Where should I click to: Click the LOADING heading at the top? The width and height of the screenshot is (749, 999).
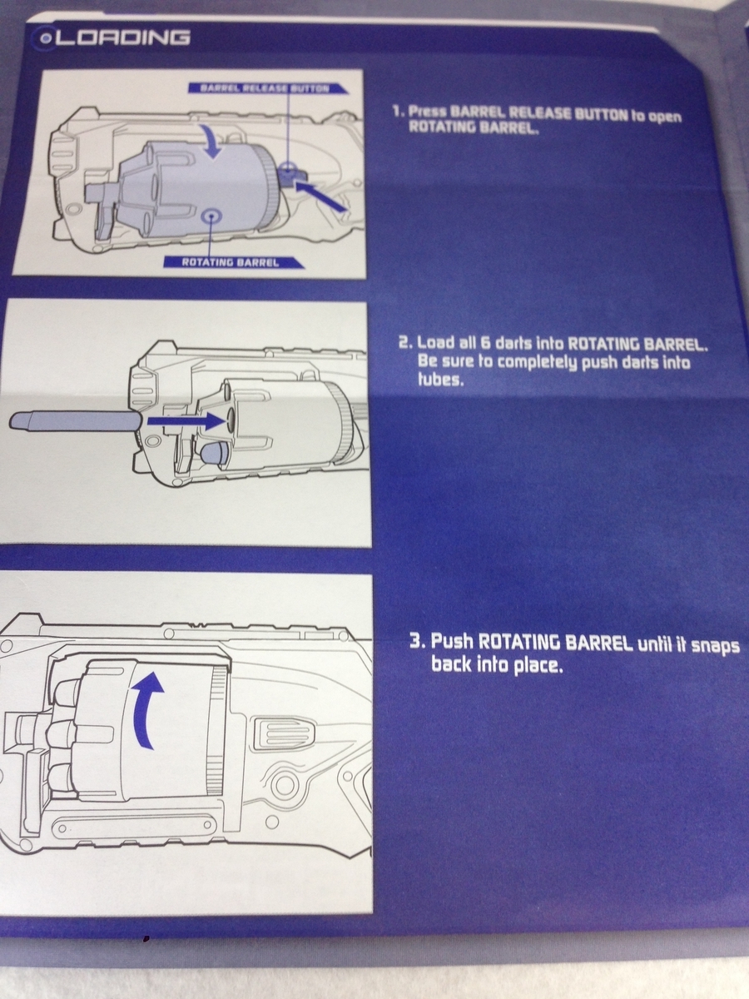[123, 37]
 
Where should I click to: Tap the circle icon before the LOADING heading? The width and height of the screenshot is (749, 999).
[45, 38]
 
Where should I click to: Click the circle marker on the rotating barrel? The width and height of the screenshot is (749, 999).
[211, 217]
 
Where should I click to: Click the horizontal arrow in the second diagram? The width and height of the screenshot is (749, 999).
[186, 422]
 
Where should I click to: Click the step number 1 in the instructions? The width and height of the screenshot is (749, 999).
[398, 111]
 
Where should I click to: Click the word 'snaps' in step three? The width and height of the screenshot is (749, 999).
[716, 647]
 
